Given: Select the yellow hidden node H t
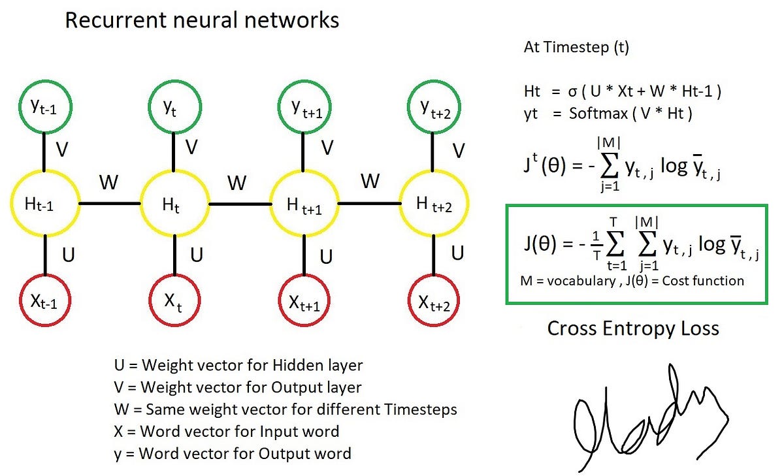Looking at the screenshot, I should point(174,204).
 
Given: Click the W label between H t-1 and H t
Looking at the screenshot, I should point(109,182).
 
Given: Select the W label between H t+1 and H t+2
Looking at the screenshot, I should point(370,181).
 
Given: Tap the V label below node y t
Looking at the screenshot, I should point(191,148).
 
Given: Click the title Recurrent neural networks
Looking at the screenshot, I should point(202,20).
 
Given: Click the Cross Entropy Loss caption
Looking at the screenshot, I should point(632,328).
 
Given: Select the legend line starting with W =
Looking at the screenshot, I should point(285,409).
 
